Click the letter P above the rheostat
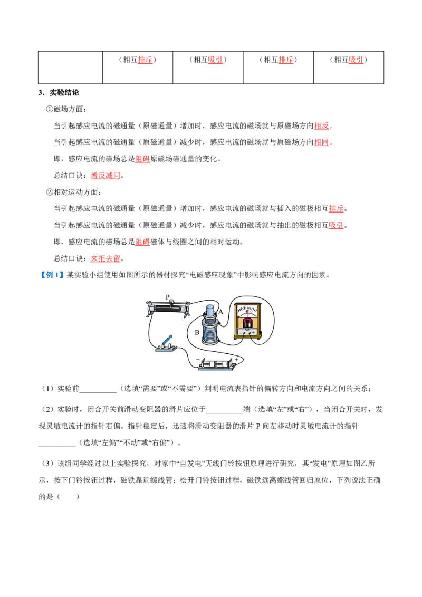click(x=168, y=296)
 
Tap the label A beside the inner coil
click(x=220, y=312)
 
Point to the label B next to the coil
click(x=197, y=332)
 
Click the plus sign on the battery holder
click(x=236, y=360)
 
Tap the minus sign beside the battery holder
click(x=198, y=360)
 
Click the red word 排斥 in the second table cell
click(x=145, y=60)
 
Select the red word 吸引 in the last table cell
click(x=356, y=60)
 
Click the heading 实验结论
click(x=64, y=92)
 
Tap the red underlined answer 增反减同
click(x=105, y=176)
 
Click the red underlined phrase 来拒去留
click(x=105, y=258)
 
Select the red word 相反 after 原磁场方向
click(x=321, y=126)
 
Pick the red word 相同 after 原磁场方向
click(x=321, y=142)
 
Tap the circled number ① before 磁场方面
click(x=50, y=109)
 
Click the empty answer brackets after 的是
click(x=68, y=496)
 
